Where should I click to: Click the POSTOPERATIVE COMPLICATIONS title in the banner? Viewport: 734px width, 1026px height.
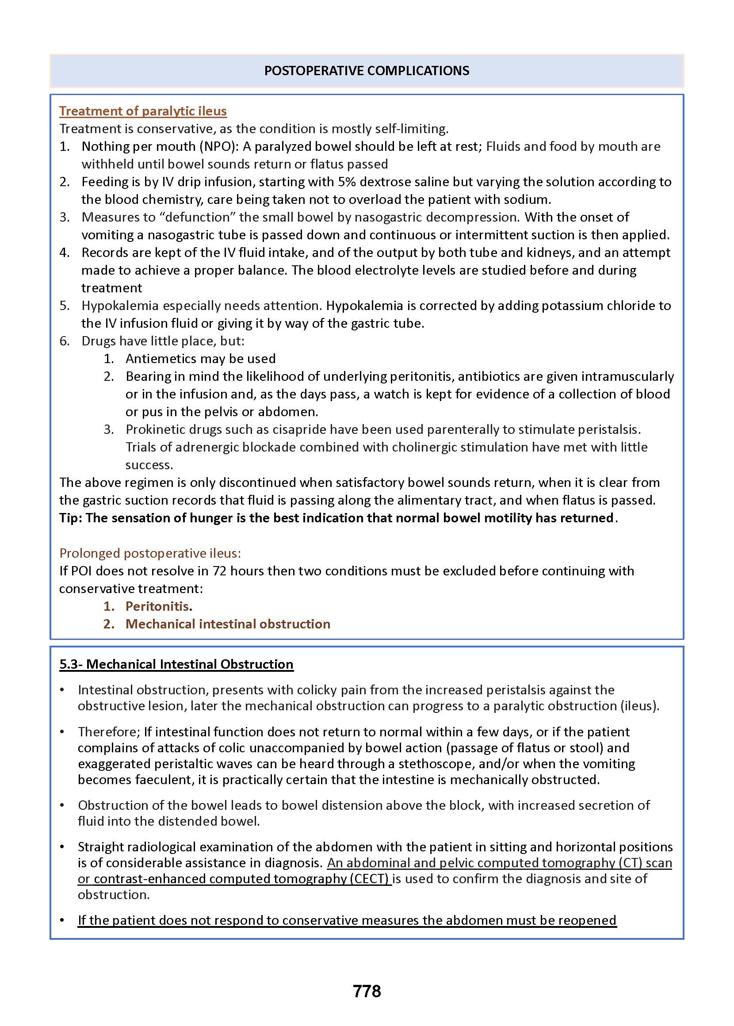click(367, 70)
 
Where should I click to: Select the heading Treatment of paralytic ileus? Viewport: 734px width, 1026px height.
click(143, 111)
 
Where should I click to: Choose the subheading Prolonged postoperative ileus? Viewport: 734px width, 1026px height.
click(150, 553)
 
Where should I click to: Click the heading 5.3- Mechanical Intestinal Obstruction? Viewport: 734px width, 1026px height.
click(176, 664)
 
